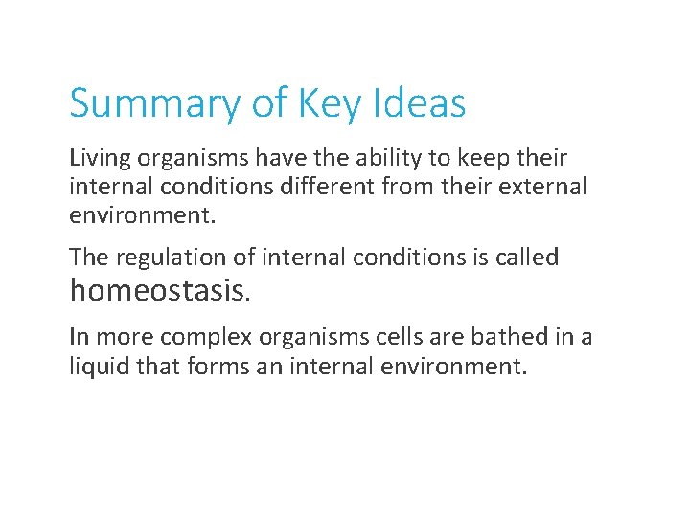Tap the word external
click(x=540, y=187)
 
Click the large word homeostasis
click(x=158, y=290)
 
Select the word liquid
click(x=98, y=366)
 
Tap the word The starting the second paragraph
click(x=87, y=258)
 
